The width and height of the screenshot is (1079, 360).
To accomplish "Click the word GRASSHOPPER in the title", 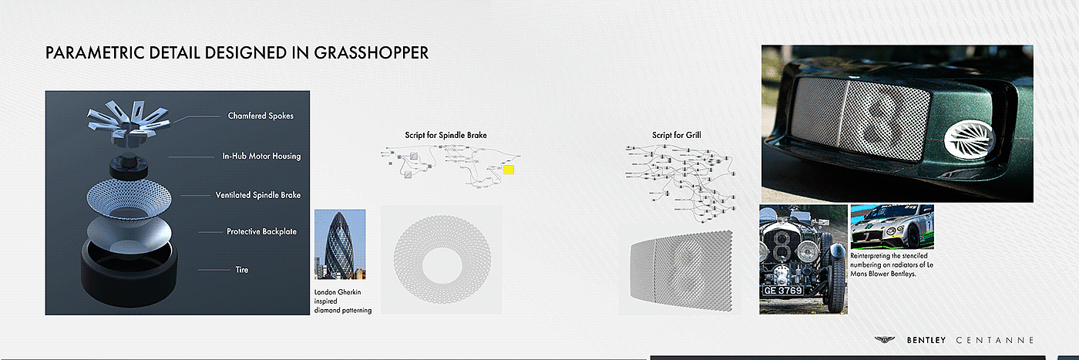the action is [372, 53].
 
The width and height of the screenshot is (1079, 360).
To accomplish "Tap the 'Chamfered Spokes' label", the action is [261, 116].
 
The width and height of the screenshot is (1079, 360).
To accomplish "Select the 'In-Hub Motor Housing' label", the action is [261, 156].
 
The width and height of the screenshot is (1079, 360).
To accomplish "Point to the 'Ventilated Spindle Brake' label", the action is [258, 195].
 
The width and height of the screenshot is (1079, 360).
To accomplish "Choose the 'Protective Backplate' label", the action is [261, 231].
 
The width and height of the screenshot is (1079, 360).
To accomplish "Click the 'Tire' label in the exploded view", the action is [242, 270].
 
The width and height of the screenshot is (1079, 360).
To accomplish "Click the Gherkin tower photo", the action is [340, 244].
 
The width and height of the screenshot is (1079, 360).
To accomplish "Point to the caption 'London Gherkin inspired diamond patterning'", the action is [342, 301].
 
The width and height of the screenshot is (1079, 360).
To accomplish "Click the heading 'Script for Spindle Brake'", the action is [445, 136].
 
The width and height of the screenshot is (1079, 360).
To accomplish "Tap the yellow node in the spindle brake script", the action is [509, 170].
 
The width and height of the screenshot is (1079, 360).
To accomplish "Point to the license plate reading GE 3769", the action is [782, 291].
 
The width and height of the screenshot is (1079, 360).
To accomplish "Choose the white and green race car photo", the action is [892, 226].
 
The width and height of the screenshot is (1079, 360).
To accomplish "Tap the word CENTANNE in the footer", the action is [995, 340].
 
